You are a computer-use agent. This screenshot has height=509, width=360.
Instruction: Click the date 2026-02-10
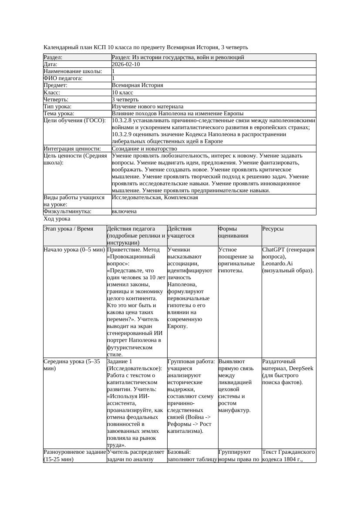coord(126,64)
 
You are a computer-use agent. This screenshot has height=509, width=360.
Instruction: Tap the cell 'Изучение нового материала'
coord(148,107)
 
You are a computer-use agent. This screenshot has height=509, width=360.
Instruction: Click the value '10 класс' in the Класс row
coord(122,93)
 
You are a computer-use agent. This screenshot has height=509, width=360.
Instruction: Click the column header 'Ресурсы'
coord(273,229)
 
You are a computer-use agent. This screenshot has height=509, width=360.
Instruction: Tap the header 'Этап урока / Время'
coord(68,229)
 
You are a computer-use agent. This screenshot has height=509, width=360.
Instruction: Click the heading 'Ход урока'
coord(57,219)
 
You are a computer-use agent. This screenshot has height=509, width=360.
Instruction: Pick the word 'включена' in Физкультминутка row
coord(124,211)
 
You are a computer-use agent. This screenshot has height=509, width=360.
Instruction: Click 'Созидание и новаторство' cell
coord(144,149)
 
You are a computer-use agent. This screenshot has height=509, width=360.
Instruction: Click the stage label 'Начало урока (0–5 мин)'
coord(74,250)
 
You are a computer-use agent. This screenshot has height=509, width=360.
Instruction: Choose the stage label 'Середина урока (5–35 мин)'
coord(72,365)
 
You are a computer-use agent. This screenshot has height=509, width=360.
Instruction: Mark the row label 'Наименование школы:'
coord(73,71)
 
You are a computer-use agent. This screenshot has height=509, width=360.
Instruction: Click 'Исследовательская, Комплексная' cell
coord(155,198)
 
